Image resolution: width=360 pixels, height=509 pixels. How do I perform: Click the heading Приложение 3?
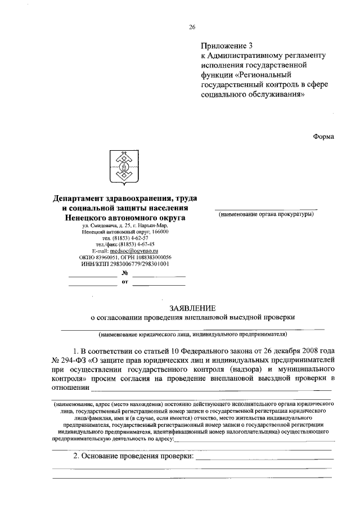(227, 45)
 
